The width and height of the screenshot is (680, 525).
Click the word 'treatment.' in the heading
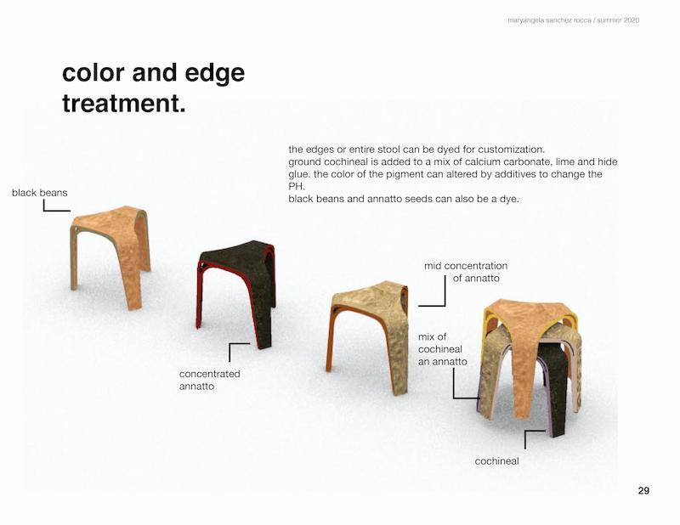124,103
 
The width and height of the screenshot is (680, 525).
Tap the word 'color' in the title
93,72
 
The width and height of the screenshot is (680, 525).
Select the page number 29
643,490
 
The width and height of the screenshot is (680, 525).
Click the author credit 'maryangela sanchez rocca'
549,20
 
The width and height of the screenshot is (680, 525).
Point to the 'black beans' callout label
39,193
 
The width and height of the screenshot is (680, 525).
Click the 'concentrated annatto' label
209,380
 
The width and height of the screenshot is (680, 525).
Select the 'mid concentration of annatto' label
466,272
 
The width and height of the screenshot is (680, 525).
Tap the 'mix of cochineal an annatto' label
443,349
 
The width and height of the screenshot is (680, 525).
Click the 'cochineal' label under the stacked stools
496,460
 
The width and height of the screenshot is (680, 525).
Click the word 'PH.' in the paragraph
297,186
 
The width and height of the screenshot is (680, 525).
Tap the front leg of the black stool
263,321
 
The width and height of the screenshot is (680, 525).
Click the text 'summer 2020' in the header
618,20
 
